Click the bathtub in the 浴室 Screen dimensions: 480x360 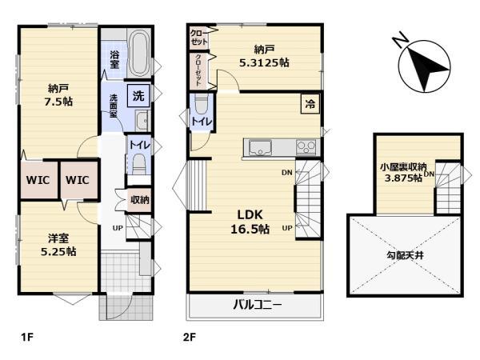139,54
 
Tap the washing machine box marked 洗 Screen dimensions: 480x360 138,96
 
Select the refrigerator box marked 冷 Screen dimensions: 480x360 310,104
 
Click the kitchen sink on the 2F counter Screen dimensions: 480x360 260,148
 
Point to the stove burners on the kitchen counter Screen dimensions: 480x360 306,147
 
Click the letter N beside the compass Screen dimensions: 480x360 400,39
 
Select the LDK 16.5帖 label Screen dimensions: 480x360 250,222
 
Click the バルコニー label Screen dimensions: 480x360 257,305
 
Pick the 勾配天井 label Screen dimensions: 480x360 405,255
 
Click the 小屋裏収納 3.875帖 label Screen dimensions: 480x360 403,172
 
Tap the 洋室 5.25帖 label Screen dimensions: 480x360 58,245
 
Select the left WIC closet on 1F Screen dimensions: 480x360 38,180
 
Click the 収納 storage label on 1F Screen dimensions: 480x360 140,200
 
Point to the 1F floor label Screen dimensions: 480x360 26,338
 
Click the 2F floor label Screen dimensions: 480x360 189,338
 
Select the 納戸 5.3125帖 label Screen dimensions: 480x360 263,56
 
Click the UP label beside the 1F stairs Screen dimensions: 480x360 118,228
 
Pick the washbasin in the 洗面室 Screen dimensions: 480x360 142,120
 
